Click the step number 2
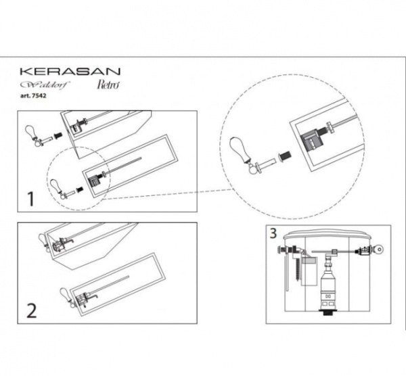[x=30, y=312]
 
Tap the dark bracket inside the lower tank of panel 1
[x=95, y=179]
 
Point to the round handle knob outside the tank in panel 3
[x=379, y=249]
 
